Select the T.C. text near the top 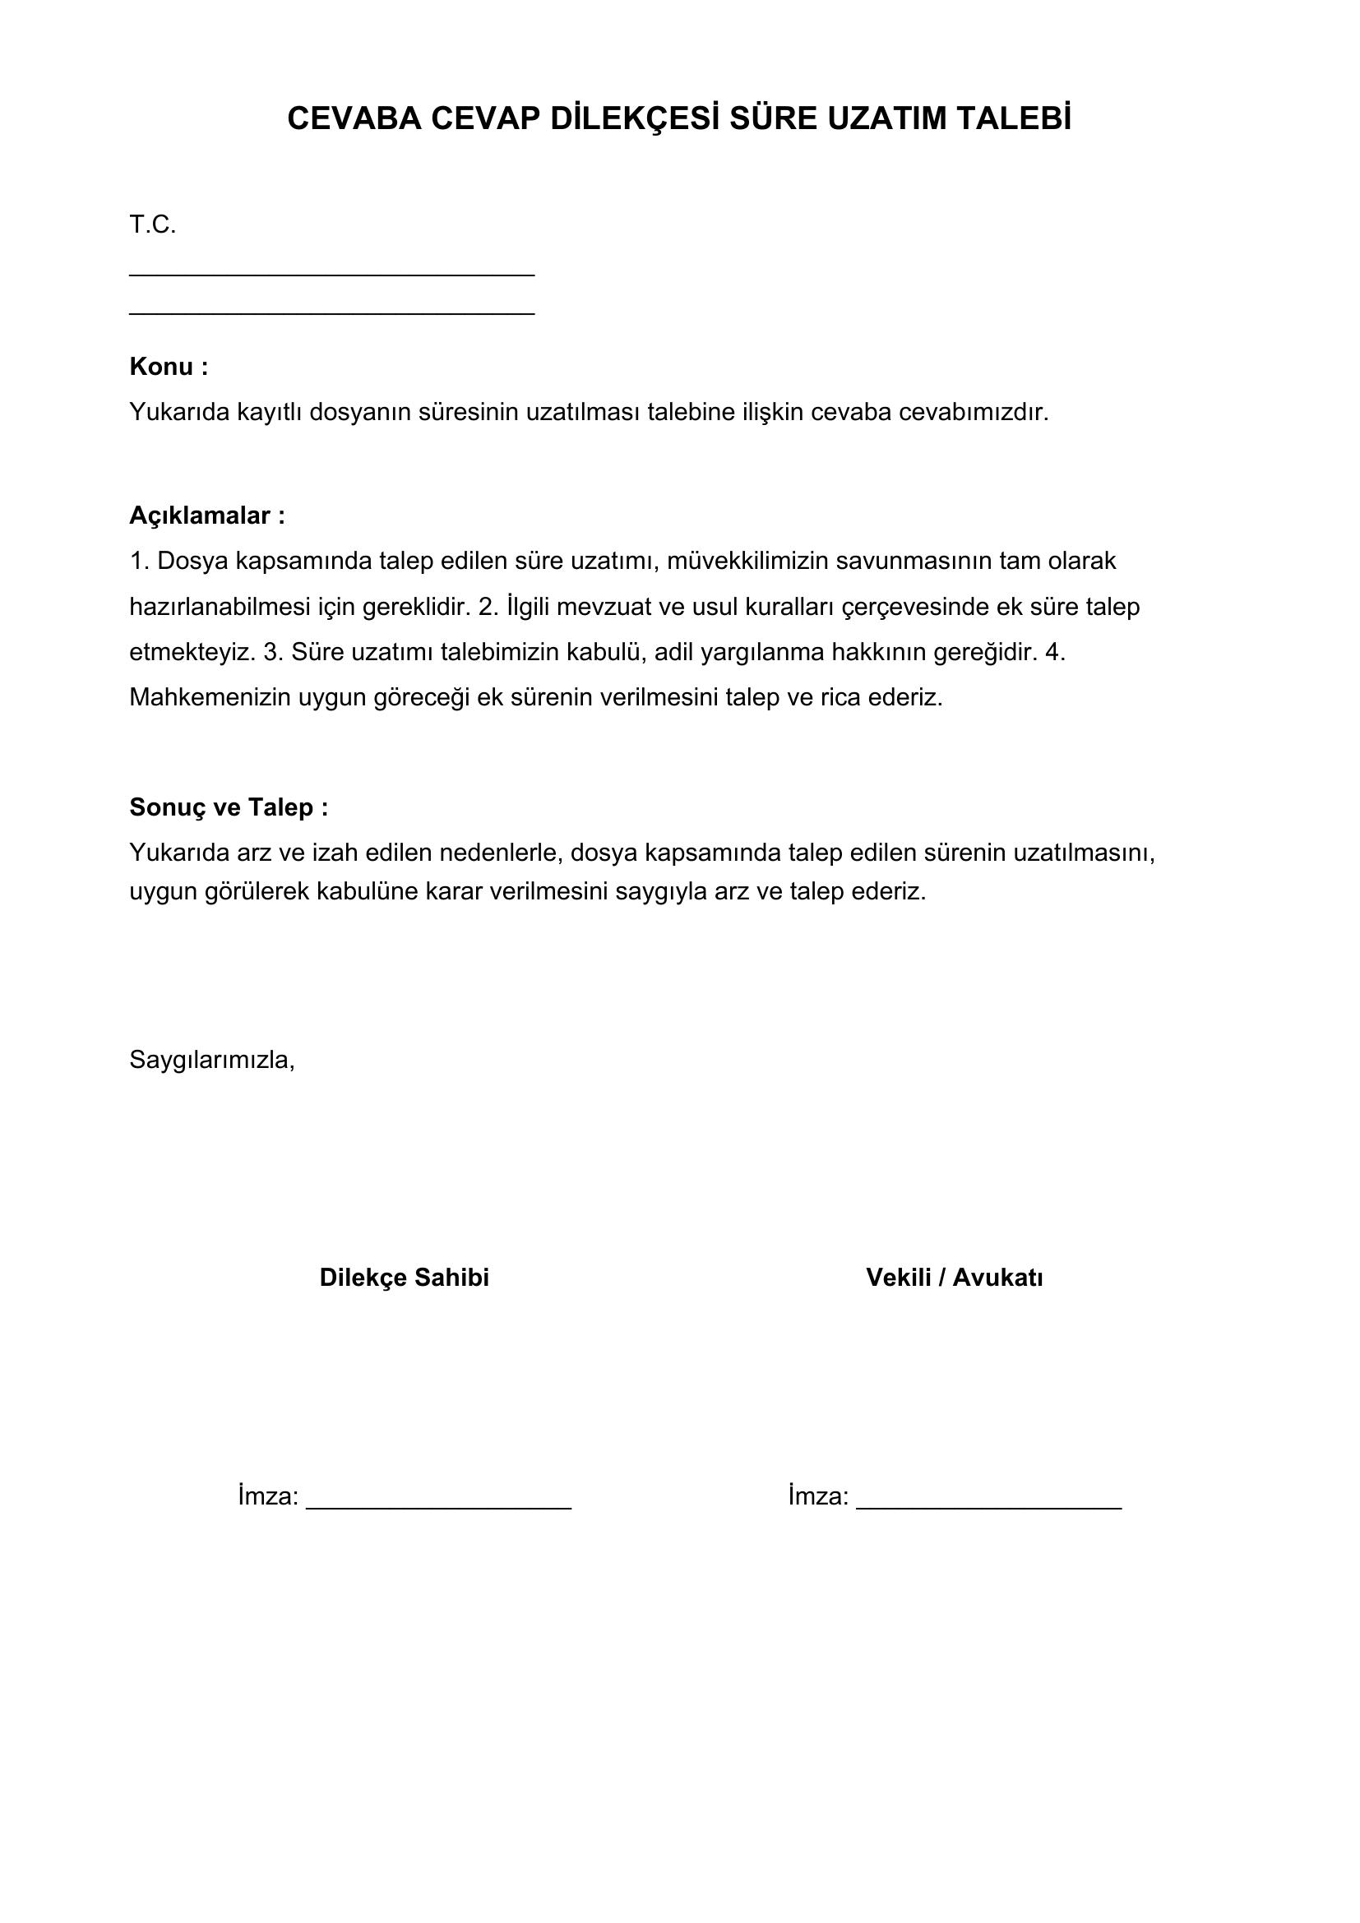(x=152, y=225)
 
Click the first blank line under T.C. (x=331, y=274)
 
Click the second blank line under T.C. (x=331, y=313)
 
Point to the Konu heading (x=169, y=367)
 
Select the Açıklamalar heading (x=207, y=516)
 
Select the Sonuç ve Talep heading (x=229, y=807)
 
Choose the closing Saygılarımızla (x=212, y=1061)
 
